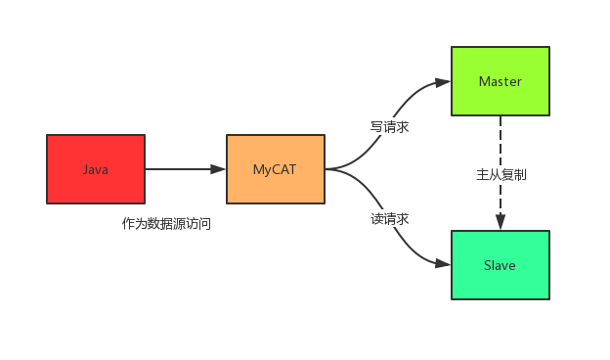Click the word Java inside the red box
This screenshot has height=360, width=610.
point(96,169)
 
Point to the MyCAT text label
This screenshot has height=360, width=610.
point(275,169)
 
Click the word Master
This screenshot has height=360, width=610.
point(500,81)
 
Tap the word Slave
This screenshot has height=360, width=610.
point(500,265)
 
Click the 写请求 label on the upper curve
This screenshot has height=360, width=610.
point(389,127)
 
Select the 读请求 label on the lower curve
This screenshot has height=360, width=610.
point(389,219)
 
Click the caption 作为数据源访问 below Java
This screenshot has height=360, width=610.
point(166,224)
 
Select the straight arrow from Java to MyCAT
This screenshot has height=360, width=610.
point(181,169)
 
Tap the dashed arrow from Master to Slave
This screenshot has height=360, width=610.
point(501,147)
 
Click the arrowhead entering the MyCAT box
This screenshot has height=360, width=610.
point(218,169)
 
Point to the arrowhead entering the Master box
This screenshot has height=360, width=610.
point(443,81)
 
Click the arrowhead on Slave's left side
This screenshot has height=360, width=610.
point(443,264)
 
